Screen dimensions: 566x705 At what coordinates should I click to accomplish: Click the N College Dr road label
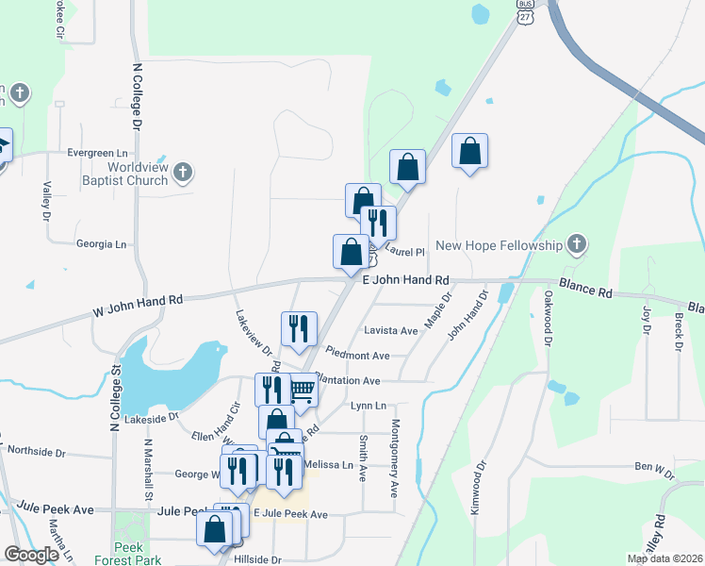(x=137, y=97)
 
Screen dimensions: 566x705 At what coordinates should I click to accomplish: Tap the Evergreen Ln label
(x=96, y=152)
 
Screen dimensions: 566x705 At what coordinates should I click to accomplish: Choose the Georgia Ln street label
(x=101, y=243)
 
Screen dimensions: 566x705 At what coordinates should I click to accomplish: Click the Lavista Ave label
(x=390, y=331)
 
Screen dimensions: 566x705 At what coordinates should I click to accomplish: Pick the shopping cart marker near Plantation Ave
(x=302, y=388)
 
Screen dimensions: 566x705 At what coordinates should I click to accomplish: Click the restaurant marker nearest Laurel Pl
(x=378, y=223)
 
